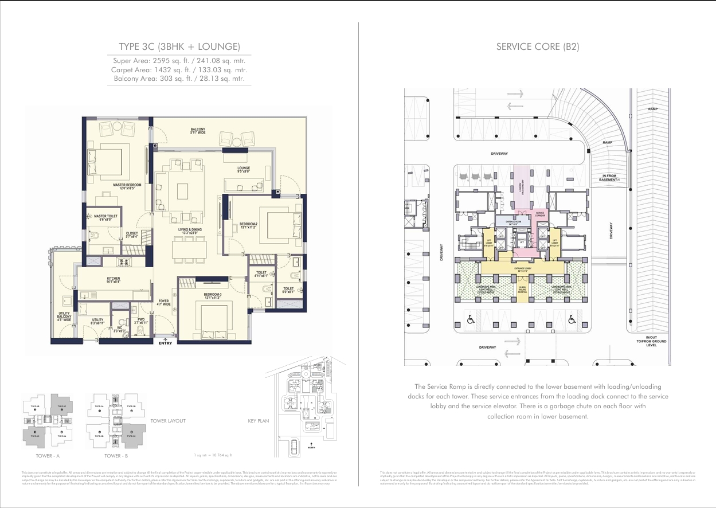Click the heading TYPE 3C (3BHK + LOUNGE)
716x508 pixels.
click(179, 46)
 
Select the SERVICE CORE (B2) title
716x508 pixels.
click(537, 46)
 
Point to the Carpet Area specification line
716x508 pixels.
click(179, 69)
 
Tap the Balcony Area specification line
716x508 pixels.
click(179, 79)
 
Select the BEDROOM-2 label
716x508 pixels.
click(248, 225)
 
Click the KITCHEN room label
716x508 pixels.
click(113, 280)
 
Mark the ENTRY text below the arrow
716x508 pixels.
click(165, 343)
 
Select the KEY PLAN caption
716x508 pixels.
click(258, 421)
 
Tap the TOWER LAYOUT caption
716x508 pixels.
click(168, 421)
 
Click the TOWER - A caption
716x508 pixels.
click(45, 455)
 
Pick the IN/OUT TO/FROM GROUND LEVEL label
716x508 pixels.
click(656, 341)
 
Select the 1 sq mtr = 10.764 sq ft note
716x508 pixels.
click(213, 455)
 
